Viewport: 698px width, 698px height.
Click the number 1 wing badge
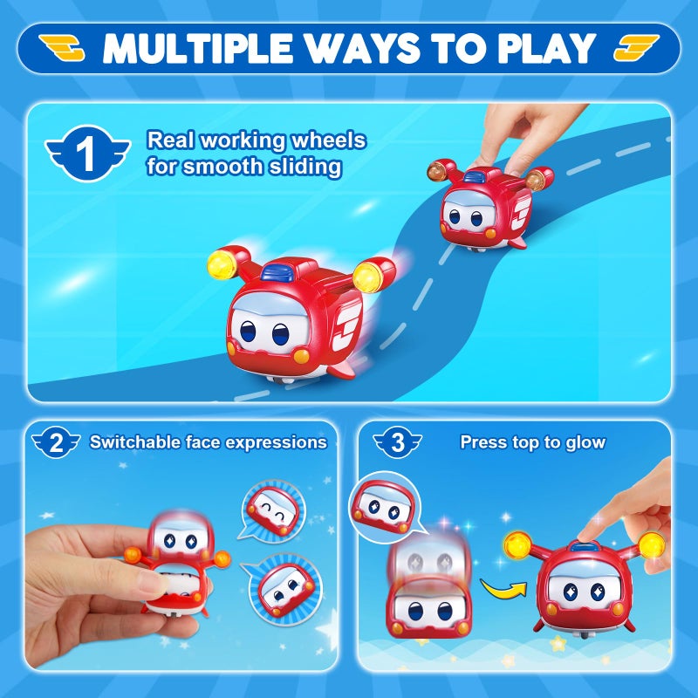[86, 154]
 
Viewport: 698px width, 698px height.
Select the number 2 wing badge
[57, 443]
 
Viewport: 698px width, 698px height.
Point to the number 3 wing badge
[398, 443]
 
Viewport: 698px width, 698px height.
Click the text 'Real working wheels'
[256, 140]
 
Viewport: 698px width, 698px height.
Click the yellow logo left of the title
[63, 49]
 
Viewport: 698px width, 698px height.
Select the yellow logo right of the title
[636, 49]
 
